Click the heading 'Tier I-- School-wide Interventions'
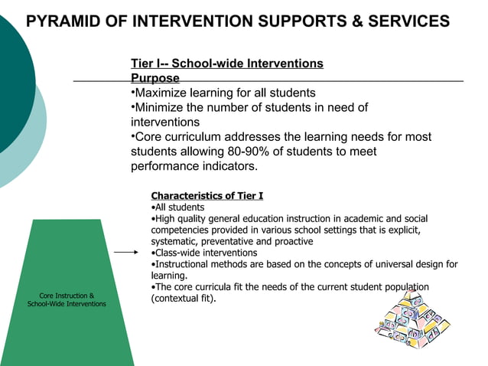(x=227, y=64)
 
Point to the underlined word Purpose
(x=155, y=78)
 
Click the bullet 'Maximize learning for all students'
(x=223, y=93)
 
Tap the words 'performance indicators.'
(x=194, y=166)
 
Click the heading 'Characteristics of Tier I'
(x=207, y=196)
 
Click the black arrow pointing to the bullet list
(x=127, y=251)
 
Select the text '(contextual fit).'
(x=184, y=299)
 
